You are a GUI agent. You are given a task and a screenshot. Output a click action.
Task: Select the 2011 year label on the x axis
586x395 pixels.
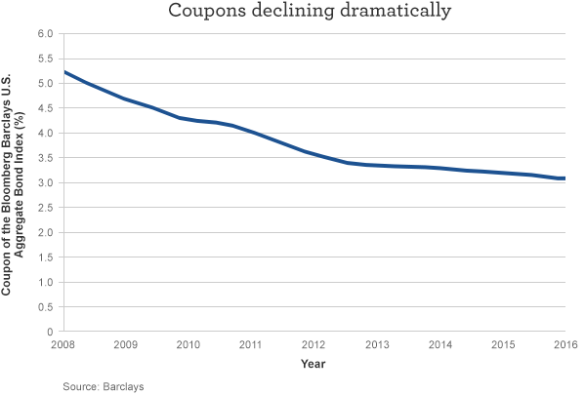[x=251, y=345]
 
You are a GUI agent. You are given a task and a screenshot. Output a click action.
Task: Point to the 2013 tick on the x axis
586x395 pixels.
[x=377, y=345]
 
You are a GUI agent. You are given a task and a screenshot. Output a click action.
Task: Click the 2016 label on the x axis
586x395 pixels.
[x=565, y=345]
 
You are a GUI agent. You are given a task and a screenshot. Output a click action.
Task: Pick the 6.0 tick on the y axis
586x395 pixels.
[x=44, y=33]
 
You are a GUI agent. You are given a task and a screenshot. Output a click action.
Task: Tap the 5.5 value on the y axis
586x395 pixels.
[x=44, y=59]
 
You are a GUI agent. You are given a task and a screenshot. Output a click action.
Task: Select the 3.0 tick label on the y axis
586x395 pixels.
[x=44, y=182]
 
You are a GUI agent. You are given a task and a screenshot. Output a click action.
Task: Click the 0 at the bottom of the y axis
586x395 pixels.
[x=49, y=332]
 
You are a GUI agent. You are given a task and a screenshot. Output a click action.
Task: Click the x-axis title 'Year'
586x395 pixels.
[x=314, y=364]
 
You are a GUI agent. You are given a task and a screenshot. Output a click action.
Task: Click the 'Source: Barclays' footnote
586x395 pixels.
[x=104, y=386]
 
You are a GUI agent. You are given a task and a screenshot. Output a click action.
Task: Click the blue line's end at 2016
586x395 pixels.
[x=565, y=178]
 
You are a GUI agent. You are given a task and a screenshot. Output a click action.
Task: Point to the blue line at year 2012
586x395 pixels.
[x=314, y=153]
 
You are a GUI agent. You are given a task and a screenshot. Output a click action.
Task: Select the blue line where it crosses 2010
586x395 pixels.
[x=188, y=119]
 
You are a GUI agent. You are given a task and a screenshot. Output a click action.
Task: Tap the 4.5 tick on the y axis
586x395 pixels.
[x=44, y=108]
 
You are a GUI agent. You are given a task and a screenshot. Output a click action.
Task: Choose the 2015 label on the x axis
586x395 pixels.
[x=502, y=345]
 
